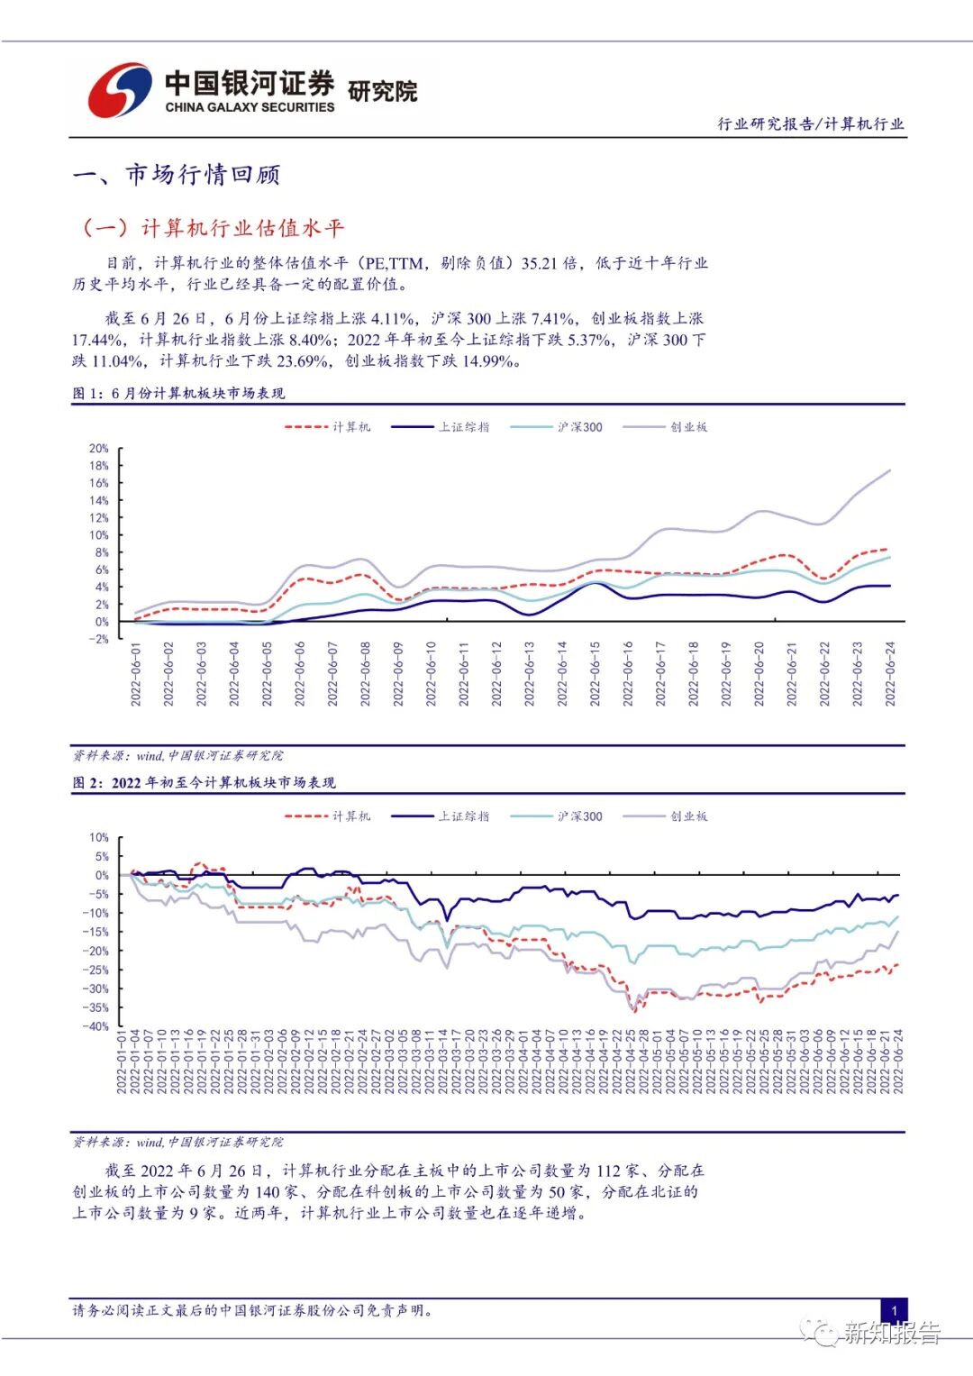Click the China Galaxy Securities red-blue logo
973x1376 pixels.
[119, 89]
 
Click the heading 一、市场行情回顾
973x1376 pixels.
[177, 174]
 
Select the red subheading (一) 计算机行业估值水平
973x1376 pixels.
[213, 228]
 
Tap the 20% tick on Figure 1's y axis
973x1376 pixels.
[98, 448]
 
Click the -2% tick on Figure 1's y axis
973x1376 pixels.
[98, 639]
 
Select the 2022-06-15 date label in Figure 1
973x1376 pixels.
[595, 673]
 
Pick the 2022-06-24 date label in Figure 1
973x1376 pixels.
[890, 673]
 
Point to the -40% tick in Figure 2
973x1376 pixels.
[95, 1026]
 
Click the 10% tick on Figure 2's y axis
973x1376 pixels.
[98, 837]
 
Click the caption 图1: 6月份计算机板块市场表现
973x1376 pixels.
[178, 394]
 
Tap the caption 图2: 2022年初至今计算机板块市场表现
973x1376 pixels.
[204, 783]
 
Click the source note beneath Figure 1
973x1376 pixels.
[177, 755]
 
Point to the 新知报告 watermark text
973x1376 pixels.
[891, 1333]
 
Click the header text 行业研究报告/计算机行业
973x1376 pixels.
[810, 124]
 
